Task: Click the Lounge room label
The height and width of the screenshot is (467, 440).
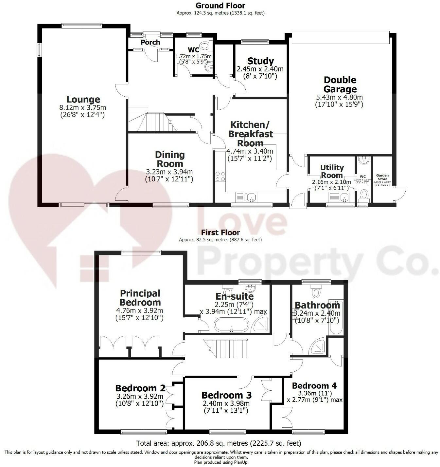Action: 83,99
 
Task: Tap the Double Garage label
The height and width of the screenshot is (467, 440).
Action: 340,84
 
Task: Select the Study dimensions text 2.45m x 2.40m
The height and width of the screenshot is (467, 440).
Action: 260,69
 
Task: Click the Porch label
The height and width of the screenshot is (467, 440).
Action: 150,42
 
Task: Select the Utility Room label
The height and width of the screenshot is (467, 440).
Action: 332,171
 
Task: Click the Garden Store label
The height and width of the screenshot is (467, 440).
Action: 382,177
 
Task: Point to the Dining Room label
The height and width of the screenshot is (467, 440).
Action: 169,159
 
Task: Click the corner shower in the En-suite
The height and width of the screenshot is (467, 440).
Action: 262,325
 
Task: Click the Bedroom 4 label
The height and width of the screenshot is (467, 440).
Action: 314,385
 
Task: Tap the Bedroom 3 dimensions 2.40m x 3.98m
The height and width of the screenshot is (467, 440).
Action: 226,403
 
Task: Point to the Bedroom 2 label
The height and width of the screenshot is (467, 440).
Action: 140,388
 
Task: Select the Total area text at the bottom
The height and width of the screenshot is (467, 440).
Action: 219,443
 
